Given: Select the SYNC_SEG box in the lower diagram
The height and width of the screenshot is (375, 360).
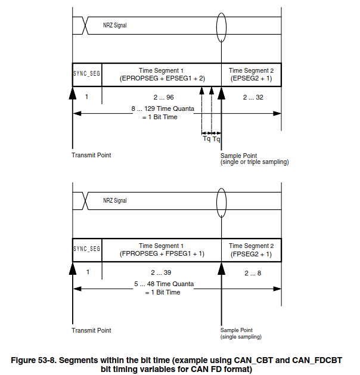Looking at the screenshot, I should pos(86,249).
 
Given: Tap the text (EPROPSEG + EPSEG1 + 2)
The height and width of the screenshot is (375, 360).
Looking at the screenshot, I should pos(162,78).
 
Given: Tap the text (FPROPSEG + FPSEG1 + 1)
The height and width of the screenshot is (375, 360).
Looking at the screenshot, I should pos(162,253).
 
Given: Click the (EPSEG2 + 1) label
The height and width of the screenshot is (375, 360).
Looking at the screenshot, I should pos(251,78).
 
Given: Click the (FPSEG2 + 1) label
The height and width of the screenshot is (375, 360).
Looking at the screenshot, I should pos(251,253).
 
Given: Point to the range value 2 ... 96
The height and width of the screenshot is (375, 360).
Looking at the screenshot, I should pos(162,97).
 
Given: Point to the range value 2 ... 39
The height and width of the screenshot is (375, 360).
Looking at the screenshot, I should pos(162,272).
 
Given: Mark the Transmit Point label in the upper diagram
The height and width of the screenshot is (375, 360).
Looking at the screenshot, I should pos(91,155).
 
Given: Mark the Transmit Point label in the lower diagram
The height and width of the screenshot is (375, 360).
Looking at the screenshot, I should pos(91,330).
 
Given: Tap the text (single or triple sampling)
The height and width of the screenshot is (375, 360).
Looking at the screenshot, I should pos(255,162).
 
